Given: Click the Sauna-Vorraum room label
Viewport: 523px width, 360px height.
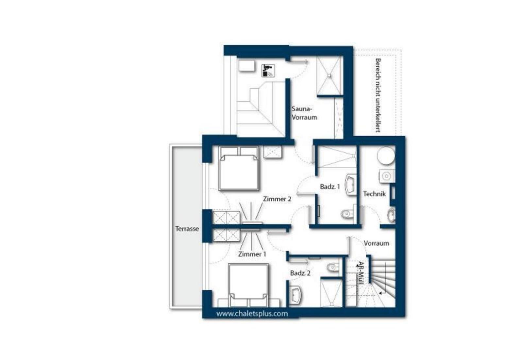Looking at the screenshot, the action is pyautogui.click(x=304, y=113).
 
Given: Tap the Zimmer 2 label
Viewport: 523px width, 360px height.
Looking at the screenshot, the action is pyautogui.click(x=277, y=199).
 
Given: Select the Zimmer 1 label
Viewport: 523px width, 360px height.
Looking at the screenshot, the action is pyautogui.click(x=252, y=254).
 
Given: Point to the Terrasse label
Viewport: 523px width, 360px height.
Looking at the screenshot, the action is pyautogui.click(x=187, y=229).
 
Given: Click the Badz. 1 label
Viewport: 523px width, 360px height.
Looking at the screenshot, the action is pyautogui.click(x=330, y=187).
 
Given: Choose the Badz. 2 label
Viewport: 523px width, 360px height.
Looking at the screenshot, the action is pyautogui.click(x=300, y=273).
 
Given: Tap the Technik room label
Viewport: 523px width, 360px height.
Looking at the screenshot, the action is pyautogui.click(x=375, y=194).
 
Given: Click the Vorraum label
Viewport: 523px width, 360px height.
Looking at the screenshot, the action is pyautogui.click(x=376, y=243).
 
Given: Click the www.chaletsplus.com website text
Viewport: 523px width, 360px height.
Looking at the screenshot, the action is pyautogui.click(x=252, y=314).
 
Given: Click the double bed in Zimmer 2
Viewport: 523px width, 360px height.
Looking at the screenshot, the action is pyautogui.click(x=239, y=168).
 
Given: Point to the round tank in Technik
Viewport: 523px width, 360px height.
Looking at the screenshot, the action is pyautogui.click(x=386, y=155).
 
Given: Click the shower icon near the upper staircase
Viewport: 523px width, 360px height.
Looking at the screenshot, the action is pyautogui.click(x=268, y=71).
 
